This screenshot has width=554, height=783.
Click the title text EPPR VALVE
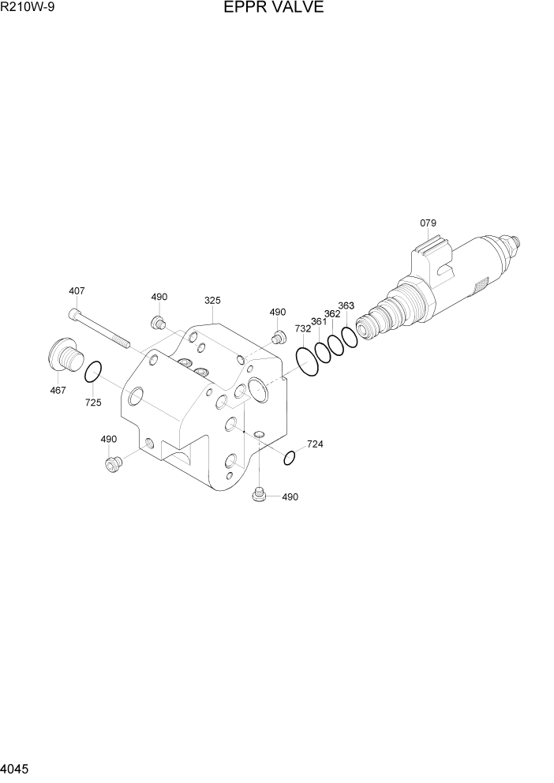coord(280,9)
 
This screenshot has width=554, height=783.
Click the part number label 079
coord(428,223)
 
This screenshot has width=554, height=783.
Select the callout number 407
coord(77,291)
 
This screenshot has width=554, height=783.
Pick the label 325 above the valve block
coord(212,301)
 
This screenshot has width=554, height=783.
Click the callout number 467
coord(58,390)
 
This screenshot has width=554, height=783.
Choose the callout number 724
coord(315,444)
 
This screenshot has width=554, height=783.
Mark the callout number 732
coord(303,329)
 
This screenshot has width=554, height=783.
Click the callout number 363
coord(346,305)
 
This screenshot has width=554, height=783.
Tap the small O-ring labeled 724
coord(290,458)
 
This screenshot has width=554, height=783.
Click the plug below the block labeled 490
coord(257,495)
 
